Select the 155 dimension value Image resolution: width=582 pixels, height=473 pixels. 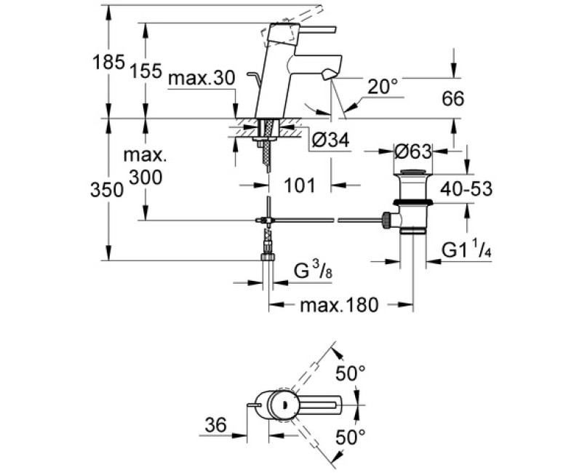click(147, 71)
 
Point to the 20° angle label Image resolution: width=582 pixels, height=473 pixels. click(383, 87)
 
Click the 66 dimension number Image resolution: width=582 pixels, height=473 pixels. click(453, 99)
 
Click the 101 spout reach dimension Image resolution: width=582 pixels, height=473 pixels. click(300, 186)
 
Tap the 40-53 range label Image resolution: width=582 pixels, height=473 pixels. click(466, 189)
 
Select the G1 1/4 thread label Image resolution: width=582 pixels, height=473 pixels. click(463, 250)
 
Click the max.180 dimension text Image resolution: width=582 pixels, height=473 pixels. click(339, 306)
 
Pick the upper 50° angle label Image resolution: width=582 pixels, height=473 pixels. click(350, 375)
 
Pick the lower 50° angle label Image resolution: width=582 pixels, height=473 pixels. click(350, 437)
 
